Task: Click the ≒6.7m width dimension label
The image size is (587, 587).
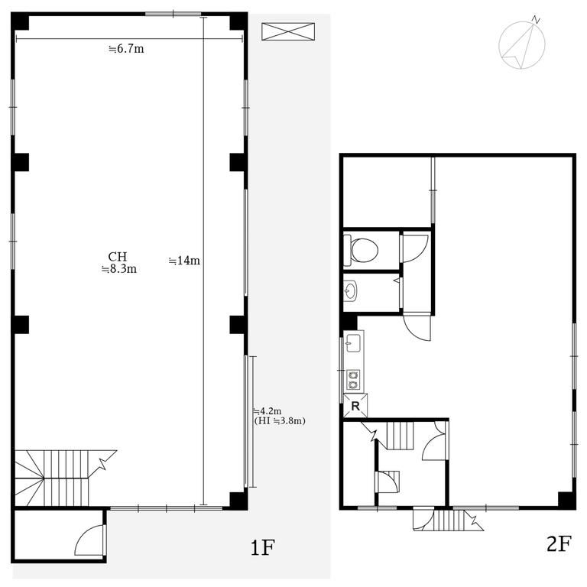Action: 126,49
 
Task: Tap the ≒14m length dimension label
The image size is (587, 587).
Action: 184,260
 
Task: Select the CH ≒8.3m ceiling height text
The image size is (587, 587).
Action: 118,262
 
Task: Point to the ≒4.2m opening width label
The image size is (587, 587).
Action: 268,411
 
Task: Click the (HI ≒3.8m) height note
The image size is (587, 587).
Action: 280,421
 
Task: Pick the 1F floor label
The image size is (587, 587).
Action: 262,548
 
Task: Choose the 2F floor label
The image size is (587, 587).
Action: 559,544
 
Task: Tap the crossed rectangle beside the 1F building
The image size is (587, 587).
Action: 288,31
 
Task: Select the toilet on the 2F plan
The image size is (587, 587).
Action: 361,250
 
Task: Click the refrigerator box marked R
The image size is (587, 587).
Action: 355,405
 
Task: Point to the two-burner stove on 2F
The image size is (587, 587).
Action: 353,380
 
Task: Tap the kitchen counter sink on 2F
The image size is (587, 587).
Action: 353,343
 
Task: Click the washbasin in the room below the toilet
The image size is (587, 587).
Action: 350,290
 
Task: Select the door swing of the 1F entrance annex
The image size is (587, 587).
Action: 89,540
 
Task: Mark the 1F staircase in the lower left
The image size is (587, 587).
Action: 52,478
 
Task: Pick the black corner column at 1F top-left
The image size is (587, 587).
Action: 20,21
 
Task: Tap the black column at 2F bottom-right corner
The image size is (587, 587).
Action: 567,500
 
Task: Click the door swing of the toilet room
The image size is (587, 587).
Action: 416,248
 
